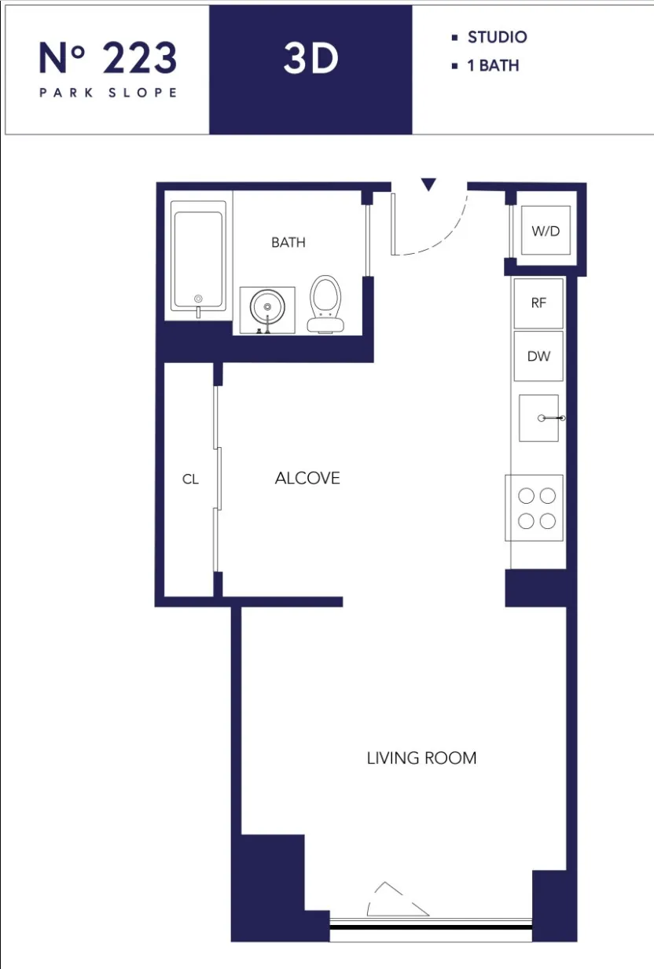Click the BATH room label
point(288,243)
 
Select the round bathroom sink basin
point(267,306)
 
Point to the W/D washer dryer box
point(547,231)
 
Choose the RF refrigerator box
point(538,303)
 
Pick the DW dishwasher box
point(538,357)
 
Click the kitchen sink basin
point(538,418)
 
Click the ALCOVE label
point(307,479)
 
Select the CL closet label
point(190,479)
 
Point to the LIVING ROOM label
point(421,758)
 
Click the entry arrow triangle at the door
point(428,185)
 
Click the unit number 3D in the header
point(310,60)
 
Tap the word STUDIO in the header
point(497,37)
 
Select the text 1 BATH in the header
point(493,66)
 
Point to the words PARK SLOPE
point(108,93)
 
